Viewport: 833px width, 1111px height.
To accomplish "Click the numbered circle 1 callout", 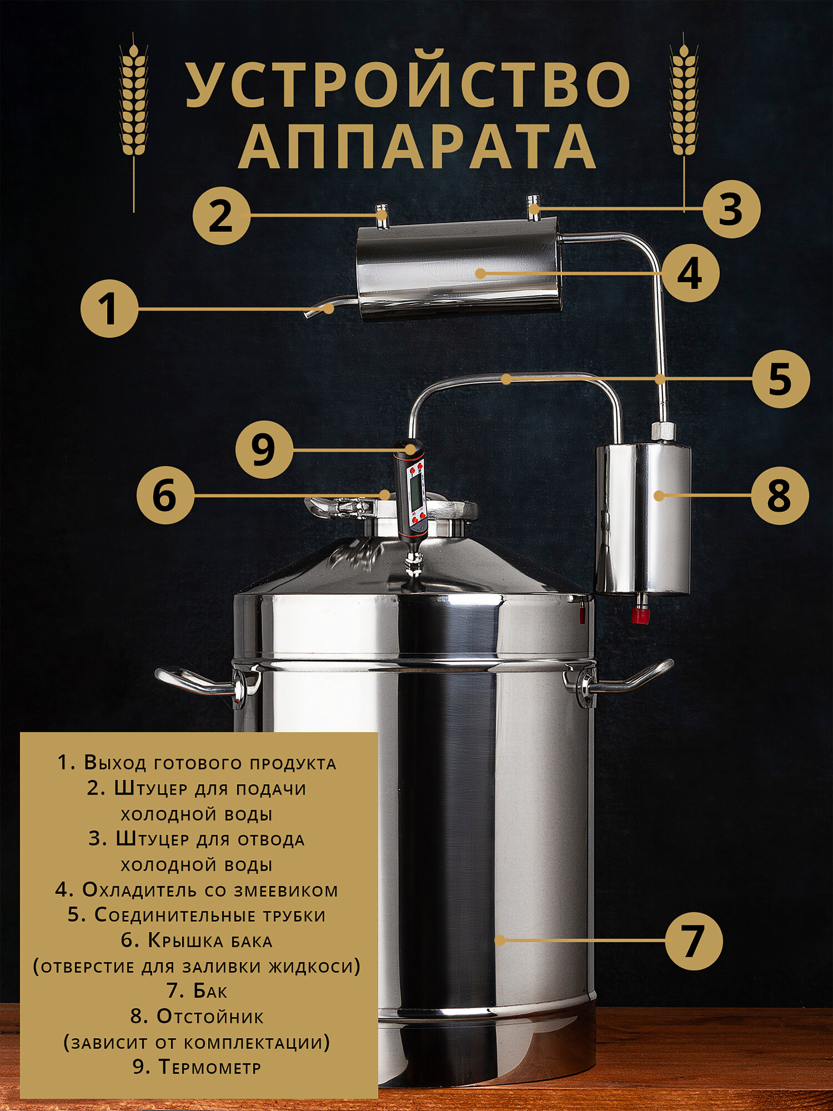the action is coord(109,308).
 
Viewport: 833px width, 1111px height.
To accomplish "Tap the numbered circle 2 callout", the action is coord(221,216).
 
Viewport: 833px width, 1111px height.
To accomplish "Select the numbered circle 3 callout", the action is coord(731,209).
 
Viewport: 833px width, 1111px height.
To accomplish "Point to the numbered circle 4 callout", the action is coord(690,273).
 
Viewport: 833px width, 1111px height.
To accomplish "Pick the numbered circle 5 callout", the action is coord(780,379).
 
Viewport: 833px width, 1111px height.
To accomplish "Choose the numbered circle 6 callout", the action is coord(165,495).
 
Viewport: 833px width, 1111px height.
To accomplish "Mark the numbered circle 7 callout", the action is coord(694,941).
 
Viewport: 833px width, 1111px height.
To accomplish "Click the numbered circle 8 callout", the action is coord(780,496).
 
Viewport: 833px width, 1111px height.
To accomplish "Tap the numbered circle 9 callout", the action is coord(264,449).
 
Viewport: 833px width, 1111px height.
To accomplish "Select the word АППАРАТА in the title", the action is coord(417,146).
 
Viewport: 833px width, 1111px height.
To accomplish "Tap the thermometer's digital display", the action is coord(414,486).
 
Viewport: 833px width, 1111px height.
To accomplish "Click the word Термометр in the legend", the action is coord(210,1067).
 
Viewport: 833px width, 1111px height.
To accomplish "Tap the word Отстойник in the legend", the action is coord(210,1017).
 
